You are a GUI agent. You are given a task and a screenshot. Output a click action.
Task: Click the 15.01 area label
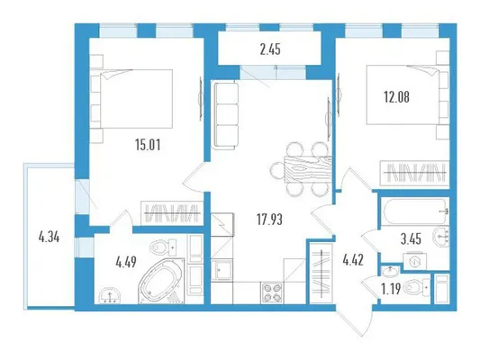click(x=148, y=145)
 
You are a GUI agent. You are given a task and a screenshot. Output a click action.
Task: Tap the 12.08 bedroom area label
click(x=396, y=97)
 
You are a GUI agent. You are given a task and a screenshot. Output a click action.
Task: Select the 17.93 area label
click(x=269, y=220)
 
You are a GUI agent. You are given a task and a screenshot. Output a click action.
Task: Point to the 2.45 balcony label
click(x=270, y=49)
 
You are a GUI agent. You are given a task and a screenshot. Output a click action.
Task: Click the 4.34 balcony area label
click(x=49, y=237)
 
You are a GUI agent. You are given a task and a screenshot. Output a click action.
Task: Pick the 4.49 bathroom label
click(x=126, y=262)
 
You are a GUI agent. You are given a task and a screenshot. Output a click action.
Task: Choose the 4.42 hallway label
click(x=353, y=260)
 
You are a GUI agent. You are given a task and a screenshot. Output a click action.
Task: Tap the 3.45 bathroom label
click(x=411, y=238)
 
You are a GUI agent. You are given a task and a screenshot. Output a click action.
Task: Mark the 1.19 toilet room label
click(x=391, y=288)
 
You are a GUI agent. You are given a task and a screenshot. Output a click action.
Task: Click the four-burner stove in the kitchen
click(x=272, y=292)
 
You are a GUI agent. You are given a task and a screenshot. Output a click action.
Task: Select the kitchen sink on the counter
click(x=222, y=270)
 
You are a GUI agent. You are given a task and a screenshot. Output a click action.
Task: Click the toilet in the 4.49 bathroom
click(x=164, y=247)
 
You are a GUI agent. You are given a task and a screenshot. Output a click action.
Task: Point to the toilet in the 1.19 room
click(x=417, y=288)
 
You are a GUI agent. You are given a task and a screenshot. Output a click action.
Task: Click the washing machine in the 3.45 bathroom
click(x=415, y=261)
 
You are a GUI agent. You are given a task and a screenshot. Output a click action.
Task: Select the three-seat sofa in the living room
click(x=226, y=115)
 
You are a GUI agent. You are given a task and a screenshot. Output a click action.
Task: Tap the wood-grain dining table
click(x=308, y=169)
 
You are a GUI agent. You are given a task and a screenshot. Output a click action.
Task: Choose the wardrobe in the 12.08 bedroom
click(x=414, y=174)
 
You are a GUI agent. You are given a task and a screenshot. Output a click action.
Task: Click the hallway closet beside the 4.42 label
click(x=321, y=272)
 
